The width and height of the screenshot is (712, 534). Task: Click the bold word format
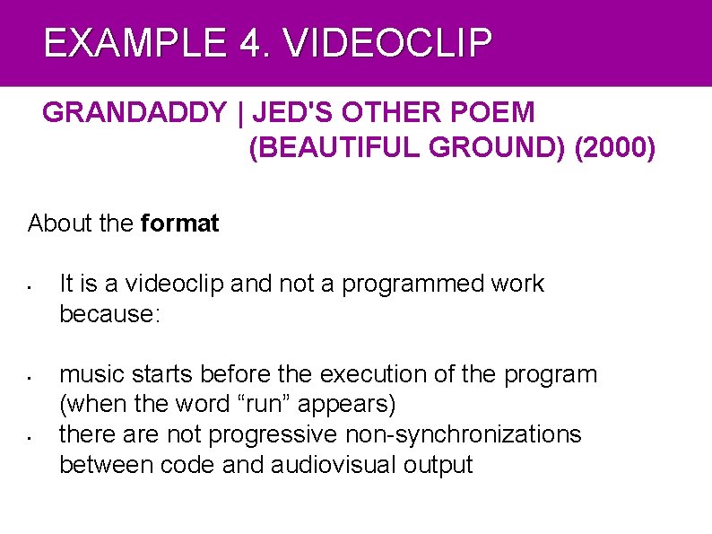tap(180, 223)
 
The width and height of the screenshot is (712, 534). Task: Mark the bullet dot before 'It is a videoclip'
tap(30, 289)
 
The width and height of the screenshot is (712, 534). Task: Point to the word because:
tap(109, 314)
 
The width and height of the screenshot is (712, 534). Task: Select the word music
tap(91, 374)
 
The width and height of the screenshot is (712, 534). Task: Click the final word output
tap(438, 465)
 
